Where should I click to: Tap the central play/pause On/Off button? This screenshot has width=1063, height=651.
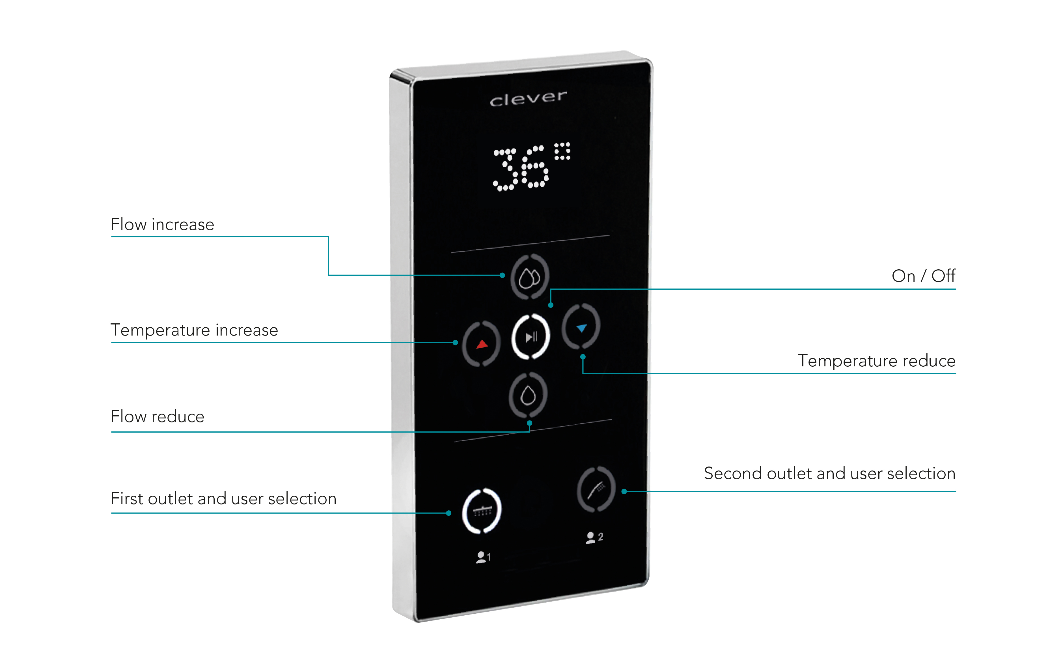(531, 337)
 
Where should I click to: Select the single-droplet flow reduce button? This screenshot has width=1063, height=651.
(528, 395)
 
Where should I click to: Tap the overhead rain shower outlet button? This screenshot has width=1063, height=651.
(482, 511)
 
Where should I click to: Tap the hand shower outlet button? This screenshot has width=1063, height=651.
(596, 489)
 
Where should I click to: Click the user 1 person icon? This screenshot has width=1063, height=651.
(480, 557)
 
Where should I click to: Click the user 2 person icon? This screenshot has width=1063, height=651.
(590, 538)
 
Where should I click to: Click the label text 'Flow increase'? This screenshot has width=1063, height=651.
(162, 224)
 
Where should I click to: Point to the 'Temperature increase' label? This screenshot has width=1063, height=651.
(195, 330)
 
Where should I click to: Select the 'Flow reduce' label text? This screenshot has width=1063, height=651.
(158, 416)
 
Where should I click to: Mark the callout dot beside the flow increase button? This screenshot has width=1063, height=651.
(502, 275)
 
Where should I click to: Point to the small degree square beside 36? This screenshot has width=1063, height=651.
(562, 151)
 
